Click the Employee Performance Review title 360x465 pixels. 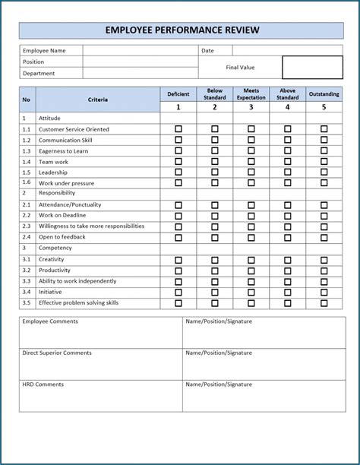182,30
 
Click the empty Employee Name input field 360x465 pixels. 140,51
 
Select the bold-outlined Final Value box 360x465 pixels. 312,67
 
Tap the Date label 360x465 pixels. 207,51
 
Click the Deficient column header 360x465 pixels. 178,94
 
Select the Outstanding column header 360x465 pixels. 324,94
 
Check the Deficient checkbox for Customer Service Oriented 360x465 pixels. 178,129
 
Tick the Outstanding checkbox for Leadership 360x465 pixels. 324,172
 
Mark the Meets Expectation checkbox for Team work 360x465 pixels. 251,162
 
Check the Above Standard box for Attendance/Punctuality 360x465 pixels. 287,205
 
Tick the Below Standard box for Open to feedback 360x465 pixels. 215,237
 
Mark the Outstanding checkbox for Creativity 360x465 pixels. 324,260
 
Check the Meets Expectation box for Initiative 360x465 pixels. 251,292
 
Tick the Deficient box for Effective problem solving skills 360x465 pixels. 178,302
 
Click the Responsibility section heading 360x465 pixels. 56,194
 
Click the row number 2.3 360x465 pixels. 27,226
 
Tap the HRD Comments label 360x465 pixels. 43,384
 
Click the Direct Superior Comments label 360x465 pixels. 57,353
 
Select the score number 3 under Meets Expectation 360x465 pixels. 251,107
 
